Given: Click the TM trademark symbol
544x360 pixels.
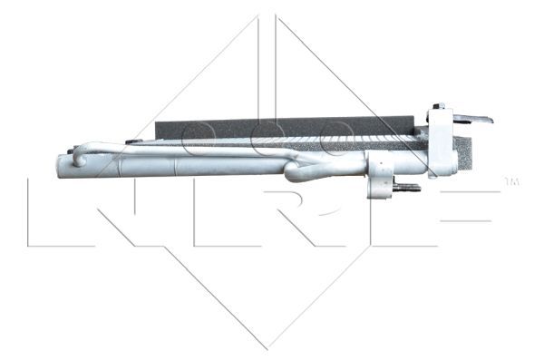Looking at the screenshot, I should pyautogui.click(x=511, y=182).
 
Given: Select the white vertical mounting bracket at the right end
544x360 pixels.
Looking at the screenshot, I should pyautogui.click(x=442, y=141).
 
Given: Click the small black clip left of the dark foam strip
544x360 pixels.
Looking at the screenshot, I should pyautogui.click(x=133, y=141).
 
